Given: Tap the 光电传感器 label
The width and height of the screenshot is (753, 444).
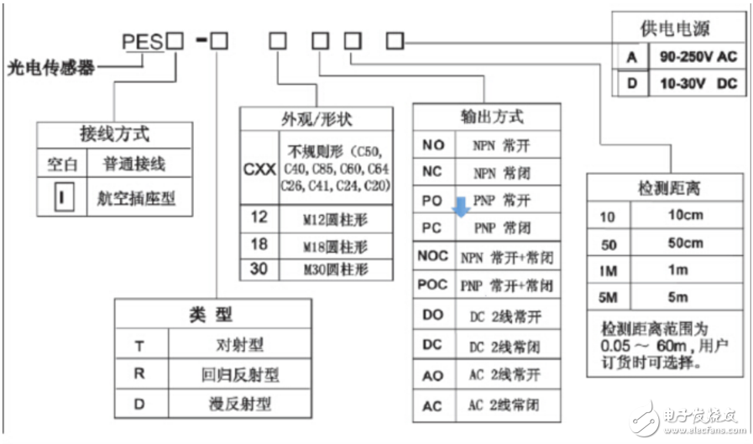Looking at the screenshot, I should tap(48, 67).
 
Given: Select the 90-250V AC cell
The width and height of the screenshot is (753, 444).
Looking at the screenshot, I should tap(696, 58).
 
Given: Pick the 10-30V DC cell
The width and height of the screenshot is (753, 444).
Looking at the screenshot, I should tap(696, 84).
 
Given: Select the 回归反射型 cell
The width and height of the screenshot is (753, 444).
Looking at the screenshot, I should tap(242, 373).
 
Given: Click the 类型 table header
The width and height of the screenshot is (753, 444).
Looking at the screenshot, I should tap(210, 315).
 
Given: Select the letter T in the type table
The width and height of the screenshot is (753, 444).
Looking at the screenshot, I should tap(141, 345).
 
